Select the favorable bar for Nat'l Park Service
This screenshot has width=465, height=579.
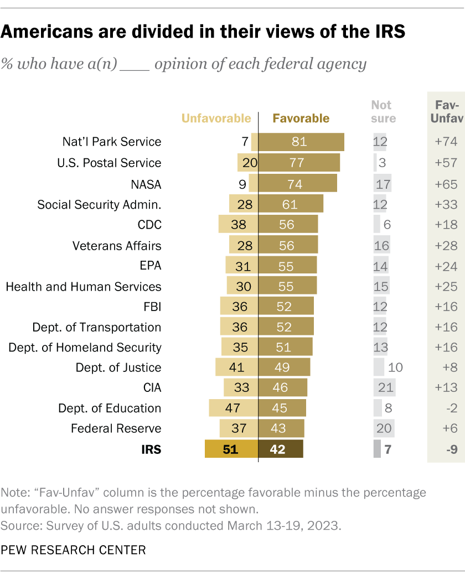point(301,142)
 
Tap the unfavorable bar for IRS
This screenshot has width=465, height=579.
point(231,449)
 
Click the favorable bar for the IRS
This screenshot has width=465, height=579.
point(281,449)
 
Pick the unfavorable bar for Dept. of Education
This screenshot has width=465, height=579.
point(233,408)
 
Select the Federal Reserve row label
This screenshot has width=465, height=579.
point(116,428)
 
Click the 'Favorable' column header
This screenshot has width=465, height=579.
point(301,118)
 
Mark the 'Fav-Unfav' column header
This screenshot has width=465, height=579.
point(446,111)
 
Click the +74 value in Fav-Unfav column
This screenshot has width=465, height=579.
point(446,142)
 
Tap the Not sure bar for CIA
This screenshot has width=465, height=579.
point(384,387)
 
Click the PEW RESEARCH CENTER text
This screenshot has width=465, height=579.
point(74,550)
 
